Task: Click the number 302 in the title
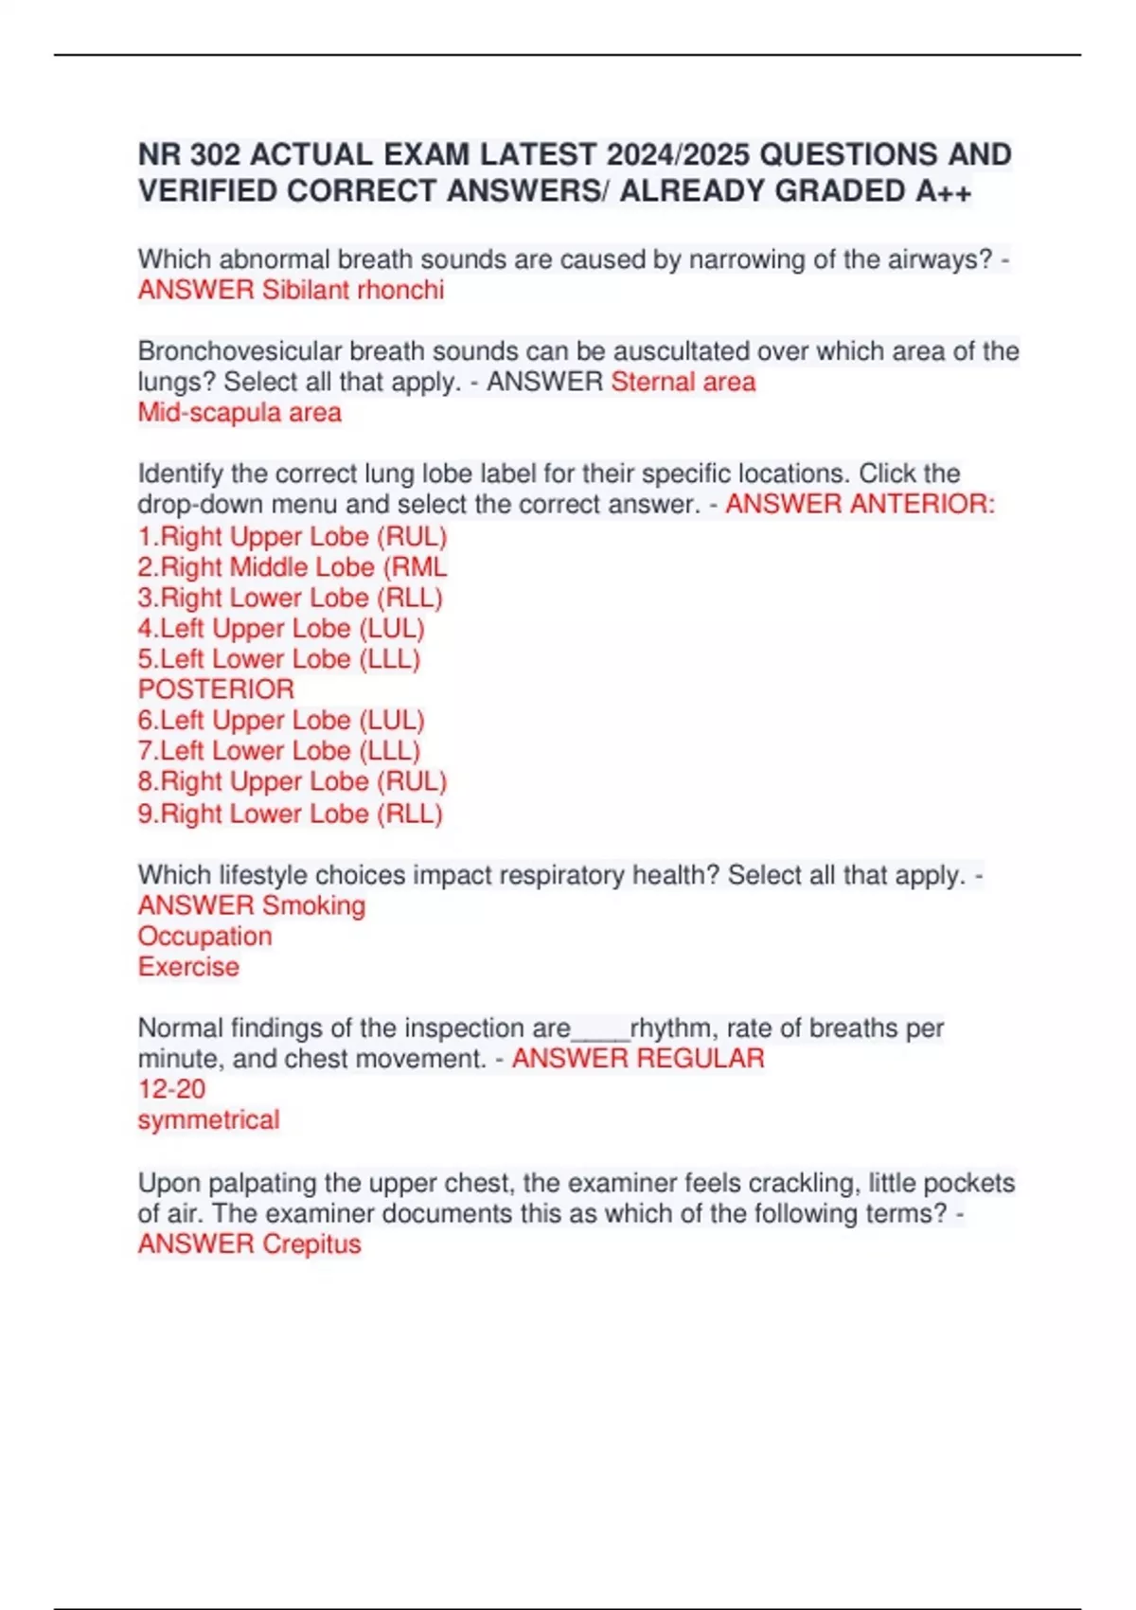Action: tap(214, 154)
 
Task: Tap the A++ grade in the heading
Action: tap(943, 191)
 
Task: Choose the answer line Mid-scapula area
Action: tap(240, 413)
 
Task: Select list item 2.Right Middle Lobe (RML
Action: tap(293, 567)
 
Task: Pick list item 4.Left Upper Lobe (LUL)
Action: tap(281, 629)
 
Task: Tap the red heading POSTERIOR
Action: tap(216, 689)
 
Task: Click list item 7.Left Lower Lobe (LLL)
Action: tap(279, 751)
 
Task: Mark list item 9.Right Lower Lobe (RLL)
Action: tap(291, 814)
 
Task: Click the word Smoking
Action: tap(313, 905)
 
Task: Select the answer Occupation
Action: tap(204, 937)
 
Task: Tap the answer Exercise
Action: tap(188, 967)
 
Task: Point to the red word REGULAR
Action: tap(701, 1059)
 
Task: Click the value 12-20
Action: tap(171, 1089)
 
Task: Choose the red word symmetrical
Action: tap(208, 1120)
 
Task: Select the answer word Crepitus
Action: tap(311, 1244)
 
